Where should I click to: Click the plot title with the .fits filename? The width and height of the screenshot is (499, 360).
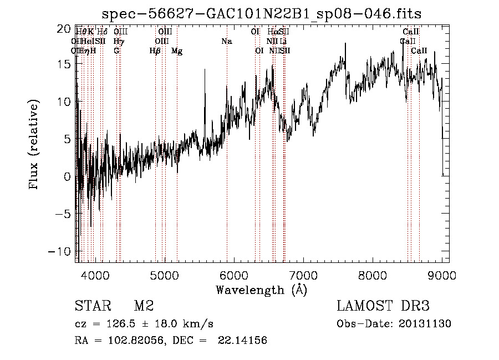point(262,14)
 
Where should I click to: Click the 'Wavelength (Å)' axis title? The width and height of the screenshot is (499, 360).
point(262,290)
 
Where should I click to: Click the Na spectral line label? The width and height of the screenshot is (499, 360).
point(226,41)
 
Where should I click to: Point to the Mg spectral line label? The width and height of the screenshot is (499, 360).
point(177,51)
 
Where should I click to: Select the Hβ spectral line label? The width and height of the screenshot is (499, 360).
point(155,51)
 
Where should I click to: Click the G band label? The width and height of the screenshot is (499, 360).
point(116,51)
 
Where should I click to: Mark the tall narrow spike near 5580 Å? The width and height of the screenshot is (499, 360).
point(205,69)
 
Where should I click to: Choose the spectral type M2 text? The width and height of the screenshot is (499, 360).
point(143,306)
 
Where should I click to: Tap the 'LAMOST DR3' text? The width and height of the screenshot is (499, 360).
point(383,306)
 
